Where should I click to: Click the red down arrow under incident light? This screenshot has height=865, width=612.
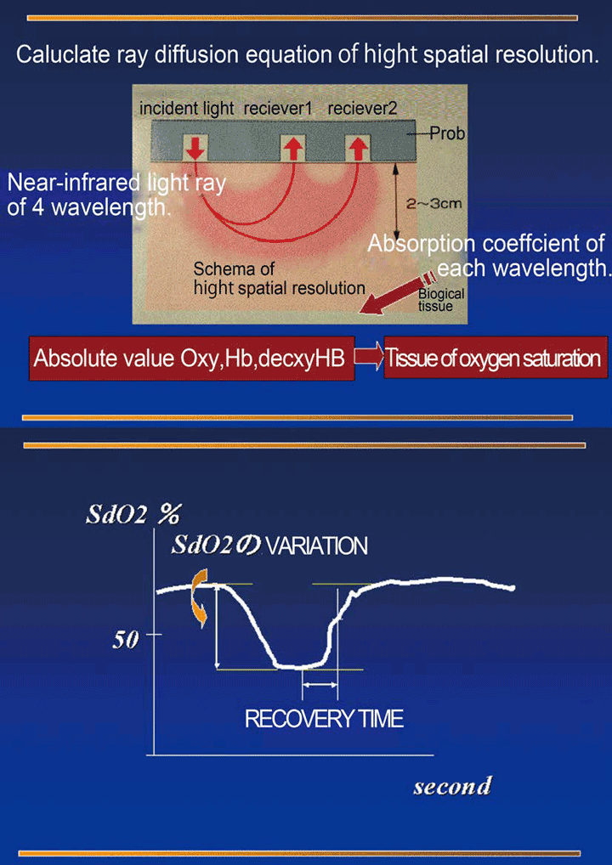[x=195, y=147]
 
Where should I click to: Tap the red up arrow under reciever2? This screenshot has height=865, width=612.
[x=359, y=147]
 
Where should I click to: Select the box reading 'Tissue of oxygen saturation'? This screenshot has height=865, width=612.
[x=493, y=359]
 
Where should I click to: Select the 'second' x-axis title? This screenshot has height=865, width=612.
[x=452, y=786]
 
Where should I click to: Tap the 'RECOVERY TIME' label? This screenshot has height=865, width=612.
[x=324, y=720]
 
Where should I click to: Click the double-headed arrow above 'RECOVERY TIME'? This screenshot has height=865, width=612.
[x=320, y=685]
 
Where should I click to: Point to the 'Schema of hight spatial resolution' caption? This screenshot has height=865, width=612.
[x=279, y=279]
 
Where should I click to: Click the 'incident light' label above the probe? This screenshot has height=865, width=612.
[x=186, y=109]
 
